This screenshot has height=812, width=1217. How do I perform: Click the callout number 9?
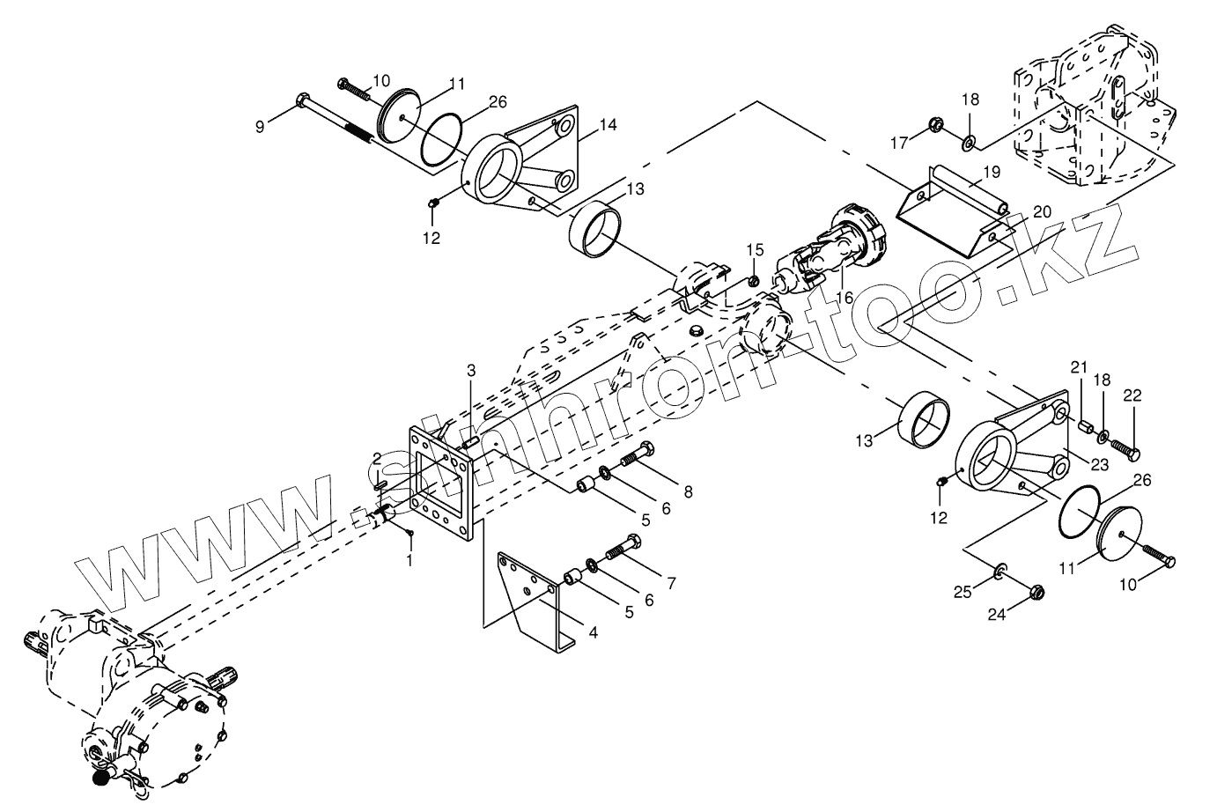(260, 127)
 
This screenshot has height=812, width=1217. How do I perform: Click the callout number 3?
(471, 368)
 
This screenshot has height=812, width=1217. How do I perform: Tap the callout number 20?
(1042, 211)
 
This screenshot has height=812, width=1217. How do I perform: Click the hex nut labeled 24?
(1036, 592)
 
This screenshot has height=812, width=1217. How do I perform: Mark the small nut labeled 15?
(754, 281)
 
